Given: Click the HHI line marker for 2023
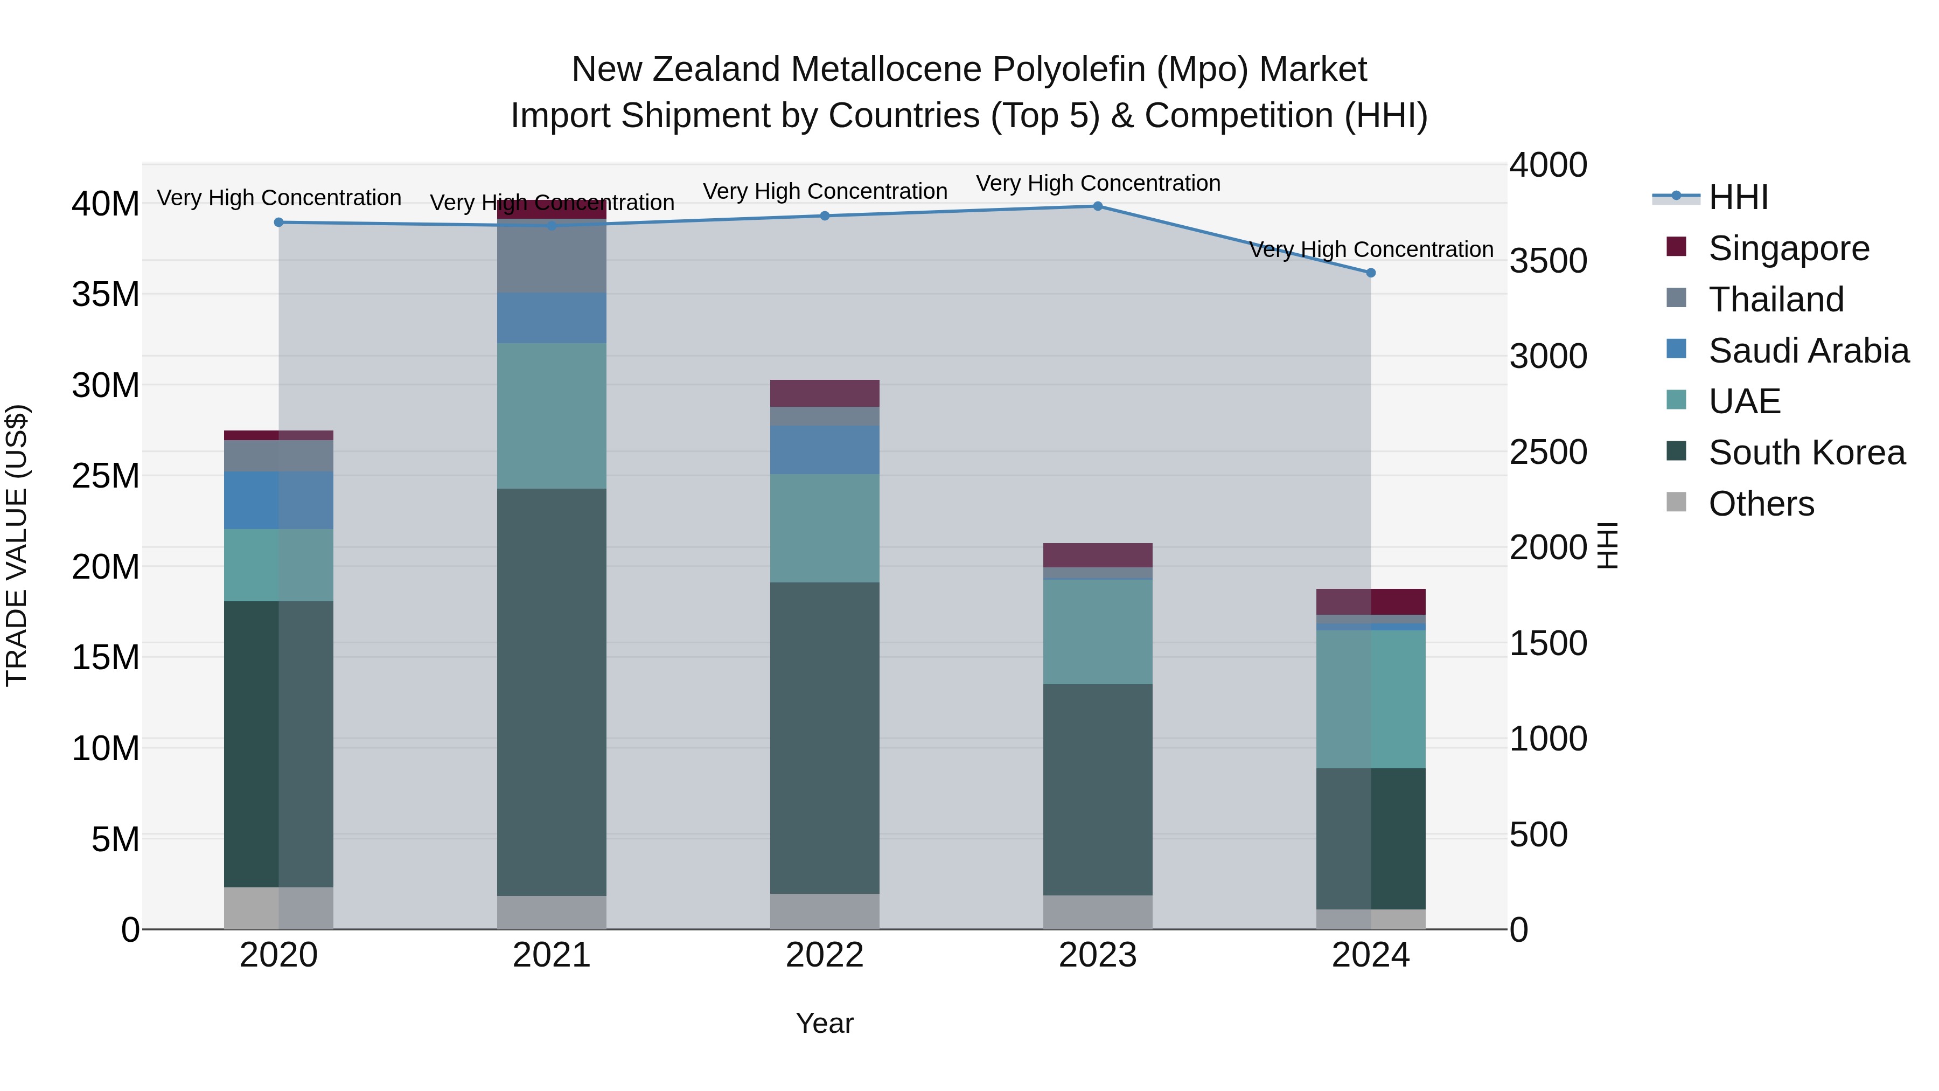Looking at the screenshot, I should point(1098,206).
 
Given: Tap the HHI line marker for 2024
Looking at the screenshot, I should point(1371,273).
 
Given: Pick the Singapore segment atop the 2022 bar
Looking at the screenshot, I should point(824,393).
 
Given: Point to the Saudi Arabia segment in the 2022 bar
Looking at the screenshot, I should point(824,449).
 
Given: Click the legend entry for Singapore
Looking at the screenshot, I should point(1788,248).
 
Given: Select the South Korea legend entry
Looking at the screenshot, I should point(1806,453).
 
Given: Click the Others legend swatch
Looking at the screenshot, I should point(1676,502).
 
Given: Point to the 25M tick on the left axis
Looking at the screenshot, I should point(106,476).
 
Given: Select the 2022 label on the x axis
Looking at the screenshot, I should point(824,955).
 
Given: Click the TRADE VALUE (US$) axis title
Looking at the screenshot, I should point(17,545).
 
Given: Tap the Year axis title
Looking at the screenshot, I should point(824,1023).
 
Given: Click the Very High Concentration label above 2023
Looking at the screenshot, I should point(1098,183).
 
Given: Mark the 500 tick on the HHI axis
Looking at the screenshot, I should point(1539,834).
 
